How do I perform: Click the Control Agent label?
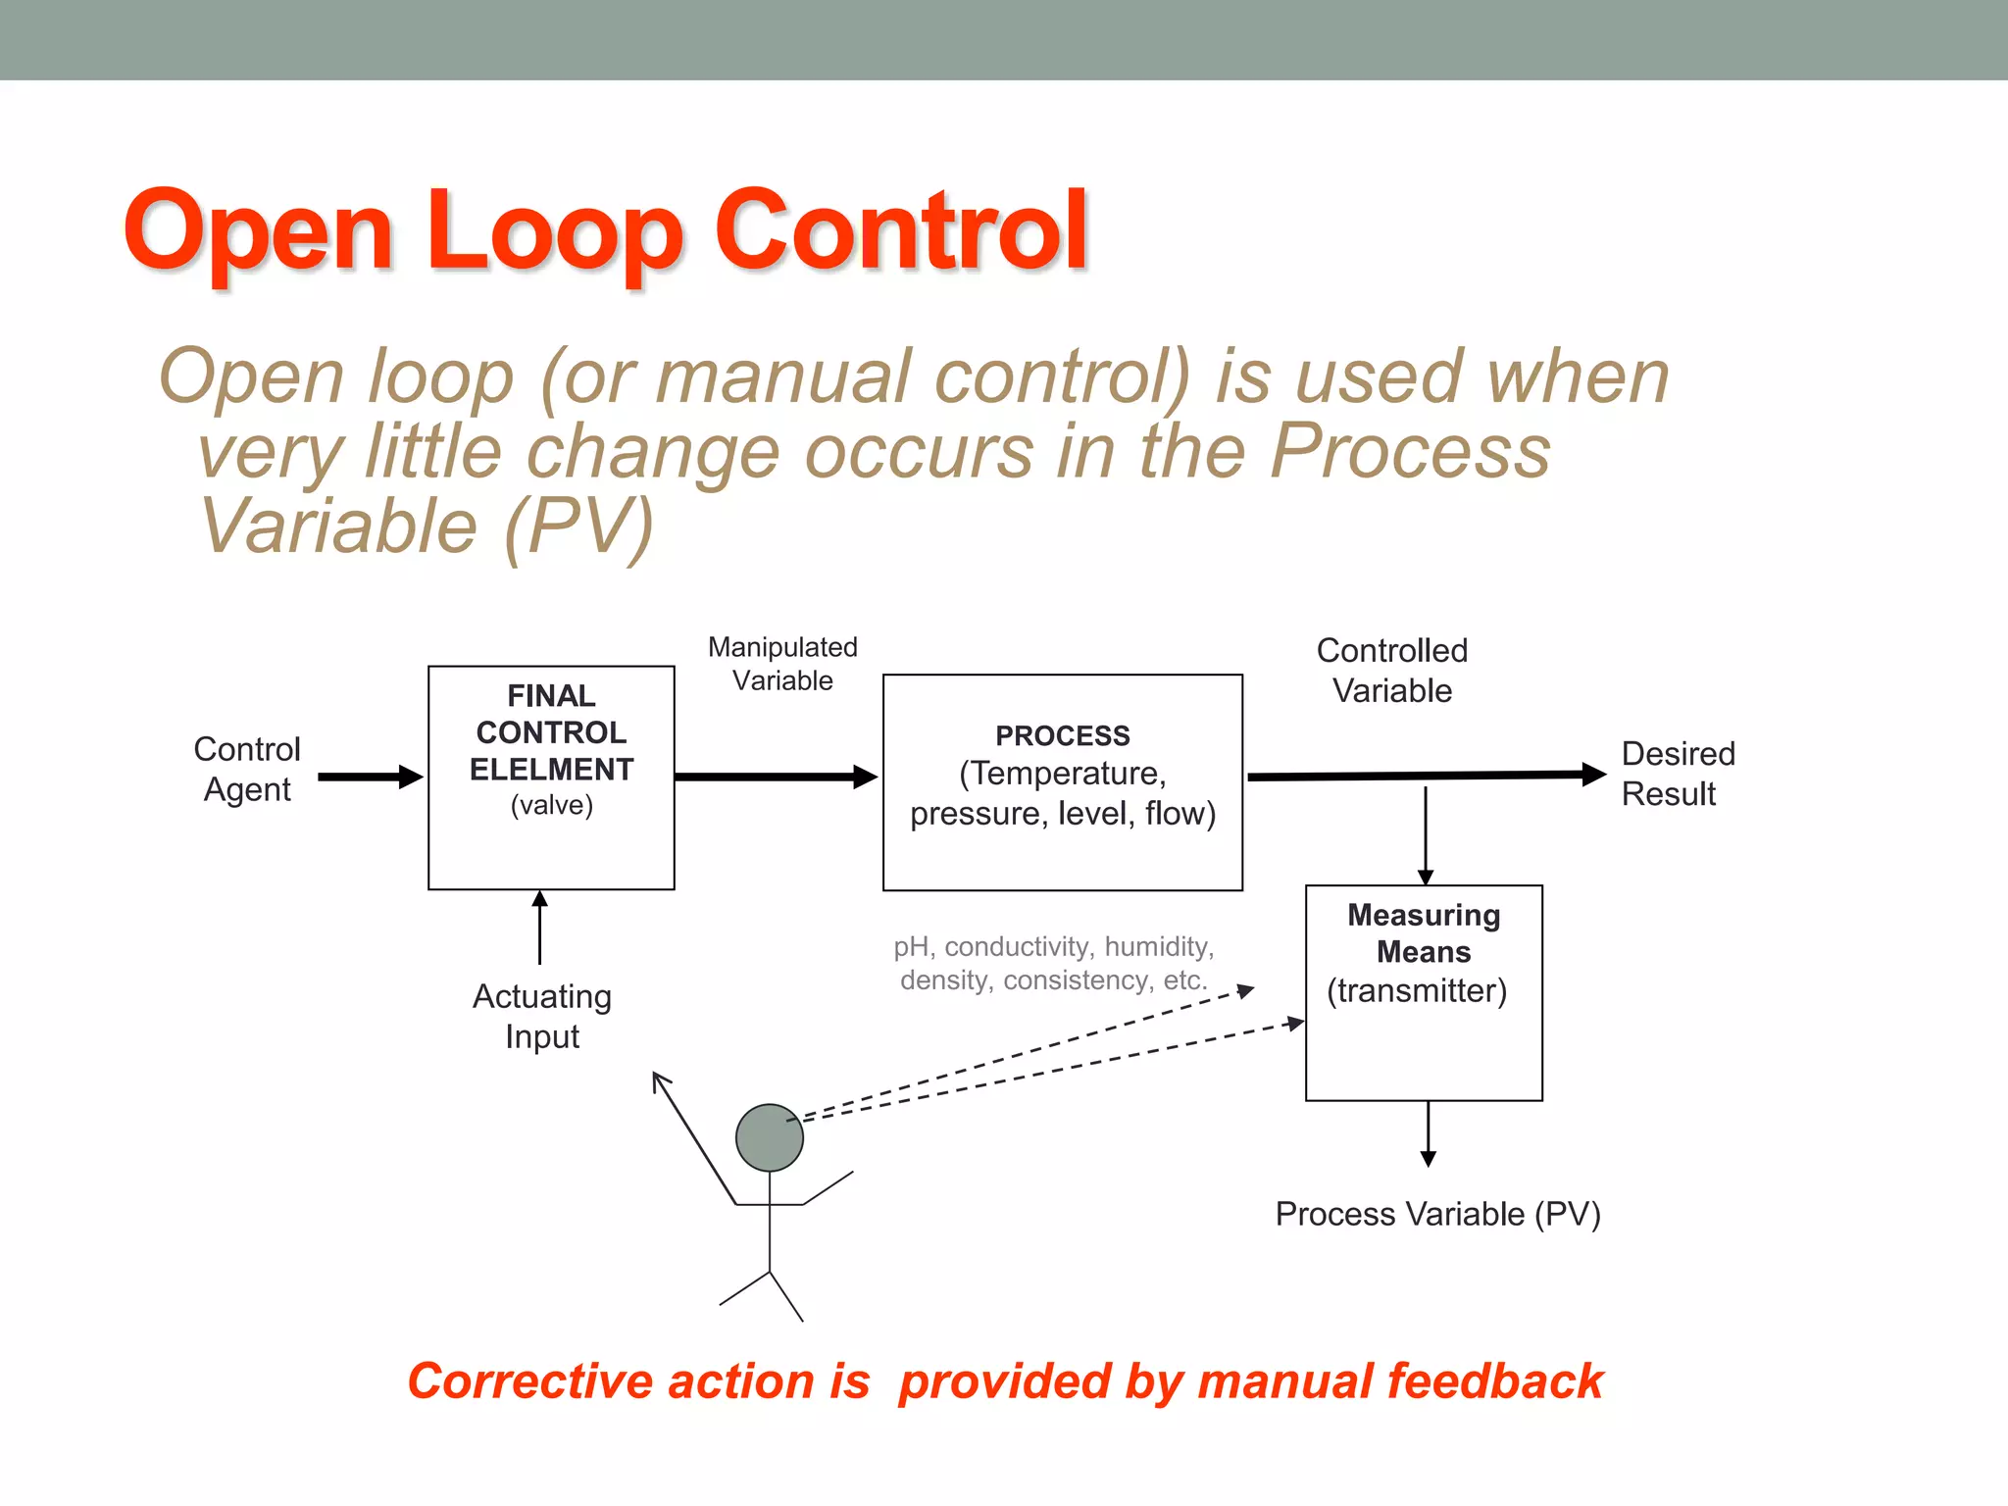tap(247, 769)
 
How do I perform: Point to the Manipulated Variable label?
tap(782, 664)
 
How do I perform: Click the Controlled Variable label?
tap(1391, 670)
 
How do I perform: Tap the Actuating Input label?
tap(542, 1016)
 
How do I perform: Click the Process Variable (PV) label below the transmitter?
tap(1437, 1214)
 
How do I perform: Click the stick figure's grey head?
tap(770, 1137)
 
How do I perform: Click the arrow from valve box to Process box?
tap(775, 777)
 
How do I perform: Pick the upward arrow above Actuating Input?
tap(539, 926)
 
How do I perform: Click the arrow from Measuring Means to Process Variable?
tap(1429, 1133)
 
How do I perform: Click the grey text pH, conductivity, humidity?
tap(1053, 946)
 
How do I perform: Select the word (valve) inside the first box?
tap(552, 805)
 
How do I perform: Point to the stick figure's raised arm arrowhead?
tap(661, 1080)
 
